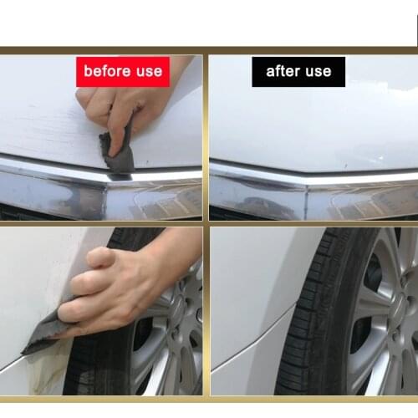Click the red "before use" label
[x=122, y=71]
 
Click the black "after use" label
[x=298, y=71]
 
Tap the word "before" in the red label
[x=104, y=71]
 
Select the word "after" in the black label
[x=283, y=71]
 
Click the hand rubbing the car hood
[x=117, y=104]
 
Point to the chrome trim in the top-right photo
[x=309, y=176]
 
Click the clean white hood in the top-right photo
[x=309, y=125]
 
